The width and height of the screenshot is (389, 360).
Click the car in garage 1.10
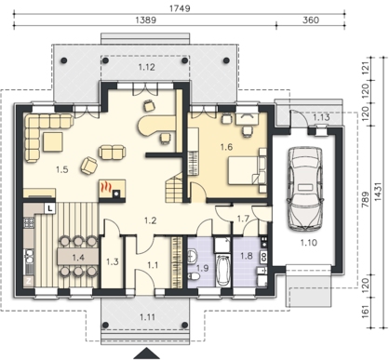[x=304, y=189]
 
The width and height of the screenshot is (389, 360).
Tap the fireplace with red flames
[x=112, y=189]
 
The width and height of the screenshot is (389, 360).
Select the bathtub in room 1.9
[x=222, y=270]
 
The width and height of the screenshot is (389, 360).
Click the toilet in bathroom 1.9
[x=194, y=276]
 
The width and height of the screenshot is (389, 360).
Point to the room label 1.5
[x=62, y=169]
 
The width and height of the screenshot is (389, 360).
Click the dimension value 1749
[x=180, y=8]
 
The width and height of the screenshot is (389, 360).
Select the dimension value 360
[x=310, y=20]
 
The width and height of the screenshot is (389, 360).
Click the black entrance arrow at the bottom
[x=146, y=353]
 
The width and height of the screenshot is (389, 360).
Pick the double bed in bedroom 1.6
[x=248, y=170]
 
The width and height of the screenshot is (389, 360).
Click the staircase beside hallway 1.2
[x=173, y=187]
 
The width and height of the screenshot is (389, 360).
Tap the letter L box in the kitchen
[x=50, y=208]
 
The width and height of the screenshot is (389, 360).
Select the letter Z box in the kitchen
[x=28, y=282]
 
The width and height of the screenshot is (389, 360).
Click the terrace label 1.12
[x=146, y=67]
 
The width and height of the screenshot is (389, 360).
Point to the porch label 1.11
[x=147, y=317]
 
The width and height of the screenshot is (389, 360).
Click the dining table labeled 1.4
[x=78, y=256]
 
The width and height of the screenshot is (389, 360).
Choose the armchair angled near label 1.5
[x=89, y=165]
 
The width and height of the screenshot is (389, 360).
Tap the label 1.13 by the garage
[x=321, y=117]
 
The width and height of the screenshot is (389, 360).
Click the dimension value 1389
[x=146, y=20]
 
